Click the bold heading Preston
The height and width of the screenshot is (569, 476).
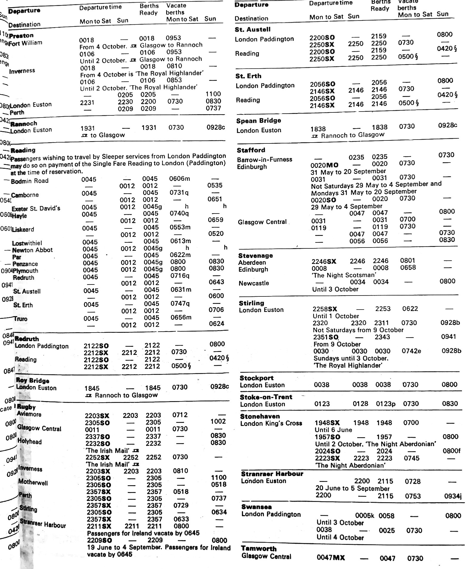[x=21, y=36]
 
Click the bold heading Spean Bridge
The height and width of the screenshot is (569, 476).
[x=259, y=121]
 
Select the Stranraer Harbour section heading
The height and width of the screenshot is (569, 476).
[x=272, y=474]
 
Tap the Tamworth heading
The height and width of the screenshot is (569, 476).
[x=259, y=549]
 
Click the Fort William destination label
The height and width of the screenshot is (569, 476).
[x=26, y=43]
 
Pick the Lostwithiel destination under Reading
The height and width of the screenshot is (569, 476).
[x=27, y=243]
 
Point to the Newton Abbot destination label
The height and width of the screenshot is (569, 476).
[x=32, y=250]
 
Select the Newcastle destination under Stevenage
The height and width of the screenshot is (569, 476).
[x=254, y=283]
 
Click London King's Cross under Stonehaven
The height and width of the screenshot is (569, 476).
[x=271, y=423]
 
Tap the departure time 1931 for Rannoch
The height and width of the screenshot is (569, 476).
[x=87, y=129]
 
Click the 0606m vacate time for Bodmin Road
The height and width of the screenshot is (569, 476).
[x=180, y=179]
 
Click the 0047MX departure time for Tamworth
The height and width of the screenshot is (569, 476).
[x=331, y=558]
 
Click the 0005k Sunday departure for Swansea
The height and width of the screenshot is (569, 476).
[x=364, y=516]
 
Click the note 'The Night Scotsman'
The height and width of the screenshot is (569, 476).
[x=344, y=275]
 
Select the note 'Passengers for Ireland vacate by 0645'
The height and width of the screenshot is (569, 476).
[x=143, y=533]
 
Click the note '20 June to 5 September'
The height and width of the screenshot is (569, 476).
[x=353, y=488]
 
